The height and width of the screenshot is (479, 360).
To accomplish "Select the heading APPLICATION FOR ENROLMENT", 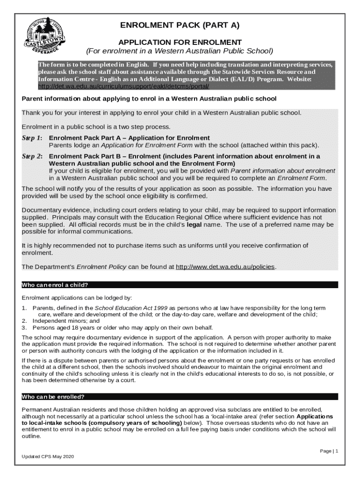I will (x=180, y=42).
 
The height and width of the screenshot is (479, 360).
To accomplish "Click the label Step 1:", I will (x=32, y=138).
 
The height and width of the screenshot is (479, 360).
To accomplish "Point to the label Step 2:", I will (x=32, y=156).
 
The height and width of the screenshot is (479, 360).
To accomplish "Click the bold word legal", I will (x=194, y=225).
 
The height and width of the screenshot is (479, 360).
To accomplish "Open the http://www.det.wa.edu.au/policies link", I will (x=225, y=267).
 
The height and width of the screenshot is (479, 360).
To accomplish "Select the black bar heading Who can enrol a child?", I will (x=55, y=285).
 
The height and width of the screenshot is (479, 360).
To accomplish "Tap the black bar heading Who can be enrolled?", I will (x=53, y=397).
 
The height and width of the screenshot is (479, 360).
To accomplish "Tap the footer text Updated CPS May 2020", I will (x=48, y=457).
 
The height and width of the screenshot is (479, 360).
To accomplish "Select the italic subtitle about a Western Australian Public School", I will (x=180, y=51).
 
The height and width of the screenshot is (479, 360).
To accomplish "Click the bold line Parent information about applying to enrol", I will (x=150, y=99).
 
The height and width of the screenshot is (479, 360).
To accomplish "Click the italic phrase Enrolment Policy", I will (x=101, y=267).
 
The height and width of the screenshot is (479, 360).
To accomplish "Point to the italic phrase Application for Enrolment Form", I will (x=133, y=145).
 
